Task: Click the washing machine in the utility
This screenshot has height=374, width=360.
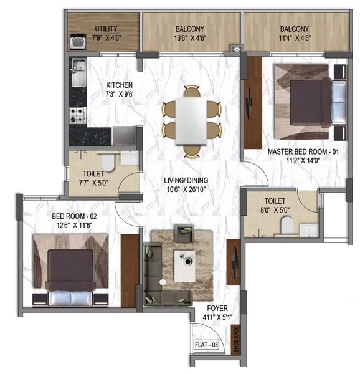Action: tap(78, 42)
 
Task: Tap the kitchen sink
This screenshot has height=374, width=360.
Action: tap(79, 72)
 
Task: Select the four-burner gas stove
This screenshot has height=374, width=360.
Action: tap(78, 115)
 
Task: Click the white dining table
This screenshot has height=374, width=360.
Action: tap(191, 121)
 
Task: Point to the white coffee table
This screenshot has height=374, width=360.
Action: tap(184, 266)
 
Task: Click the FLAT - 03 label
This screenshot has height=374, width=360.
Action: tap(206, 345)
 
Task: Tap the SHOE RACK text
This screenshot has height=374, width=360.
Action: tap(236, 340)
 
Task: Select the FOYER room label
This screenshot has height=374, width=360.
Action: tap(217, 308)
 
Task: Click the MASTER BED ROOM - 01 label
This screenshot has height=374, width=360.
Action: tap(303, 151)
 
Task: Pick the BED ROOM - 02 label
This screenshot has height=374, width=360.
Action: tap(74, 216)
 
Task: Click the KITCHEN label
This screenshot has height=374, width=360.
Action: tap(120, 85)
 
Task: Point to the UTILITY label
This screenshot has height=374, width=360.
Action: tap(107, 29)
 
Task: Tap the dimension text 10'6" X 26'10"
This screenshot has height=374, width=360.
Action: tap(186, 189)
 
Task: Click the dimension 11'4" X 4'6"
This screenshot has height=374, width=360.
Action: tap(295, 37)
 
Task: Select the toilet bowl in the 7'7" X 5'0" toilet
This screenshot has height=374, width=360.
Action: tap(108, 161)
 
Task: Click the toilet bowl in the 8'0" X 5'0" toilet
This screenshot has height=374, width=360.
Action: tap(287, 226)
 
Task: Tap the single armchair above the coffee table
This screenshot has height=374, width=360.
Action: tap(184, 233)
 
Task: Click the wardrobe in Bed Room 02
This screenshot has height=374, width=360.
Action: tap(130, 271)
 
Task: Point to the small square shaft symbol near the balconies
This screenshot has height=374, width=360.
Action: tap(237, 49)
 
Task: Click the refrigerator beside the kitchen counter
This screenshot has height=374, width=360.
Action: tap(124, 135)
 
